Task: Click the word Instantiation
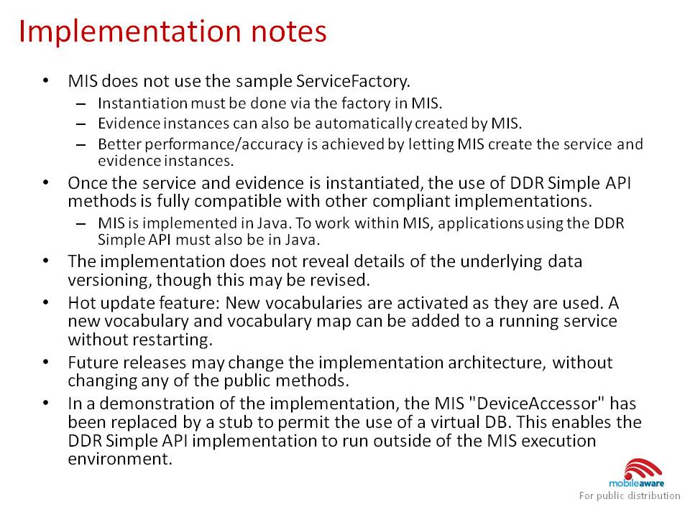click(142, 103)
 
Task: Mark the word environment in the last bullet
click(120, 459)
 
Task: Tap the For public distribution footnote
click(630, 496)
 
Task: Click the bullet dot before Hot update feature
click(46, 302)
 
